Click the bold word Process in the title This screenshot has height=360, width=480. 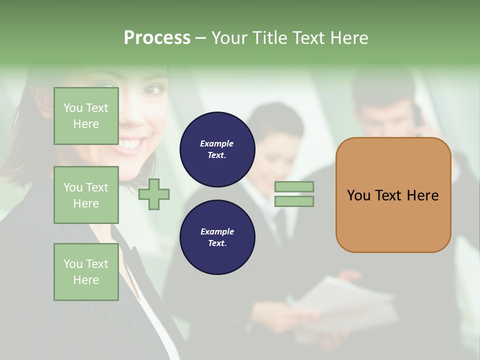(157, 38)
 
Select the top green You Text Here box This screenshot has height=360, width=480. (86, 116)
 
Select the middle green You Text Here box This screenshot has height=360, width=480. (86, 195)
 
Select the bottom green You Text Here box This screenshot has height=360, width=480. (86, 272)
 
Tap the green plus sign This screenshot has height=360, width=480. (154, 193)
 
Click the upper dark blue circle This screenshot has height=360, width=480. (217, 149)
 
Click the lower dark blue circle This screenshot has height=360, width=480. (217, 237)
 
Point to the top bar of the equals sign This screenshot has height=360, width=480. (294, 187)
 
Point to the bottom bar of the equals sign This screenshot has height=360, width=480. (294, 201)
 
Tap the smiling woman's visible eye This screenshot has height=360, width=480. (153, 90)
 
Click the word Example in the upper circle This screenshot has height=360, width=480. (216, 144)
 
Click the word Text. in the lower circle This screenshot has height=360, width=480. (217, 243)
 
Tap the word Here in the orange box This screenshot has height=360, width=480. (422, 195)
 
